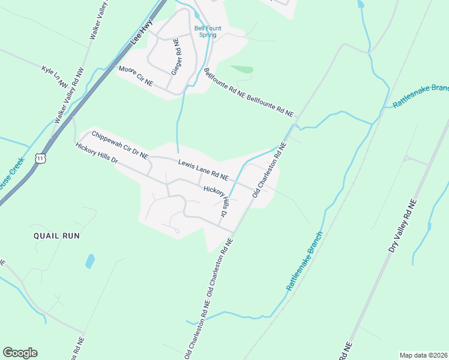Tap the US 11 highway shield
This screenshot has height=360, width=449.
(40, 158)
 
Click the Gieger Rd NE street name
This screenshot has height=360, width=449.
(176, 56)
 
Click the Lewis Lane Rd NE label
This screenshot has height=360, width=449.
(203, 170)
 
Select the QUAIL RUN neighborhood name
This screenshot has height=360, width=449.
(57, 236)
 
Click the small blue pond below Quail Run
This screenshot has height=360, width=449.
(90, 261)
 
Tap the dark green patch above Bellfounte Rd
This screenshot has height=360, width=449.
(242, 70)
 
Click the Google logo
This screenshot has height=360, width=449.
(20, 353)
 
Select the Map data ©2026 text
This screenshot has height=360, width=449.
(423, 355)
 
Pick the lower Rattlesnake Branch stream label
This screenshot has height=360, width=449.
(304, 262)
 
